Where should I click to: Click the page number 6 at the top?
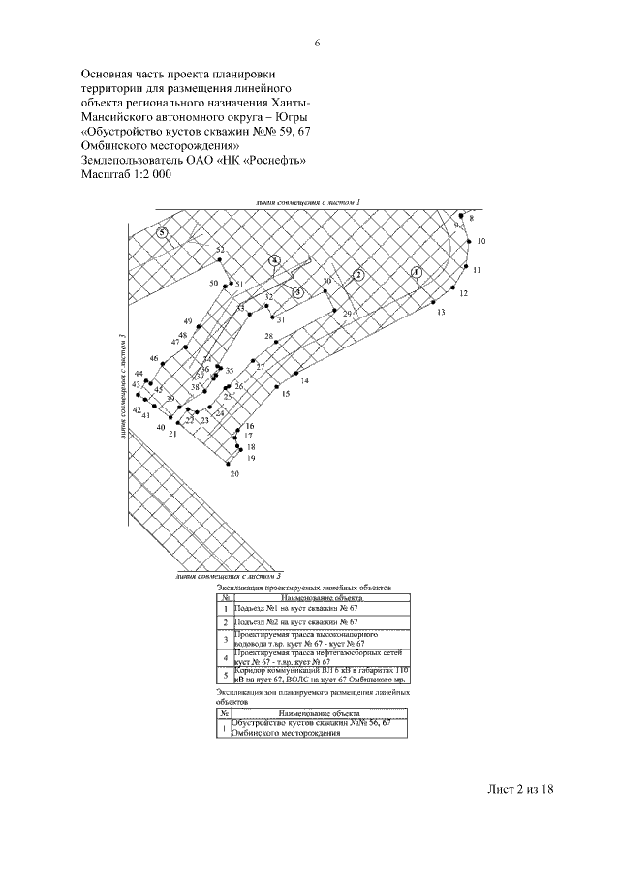click(x=317, y=42)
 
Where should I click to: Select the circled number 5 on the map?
click(x=164, y=232)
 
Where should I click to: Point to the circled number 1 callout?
click(x=418, y=272)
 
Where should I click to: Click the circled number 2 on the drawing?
click(x=357, y=275)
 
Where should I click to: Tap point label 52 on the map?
click(x=220, y=250)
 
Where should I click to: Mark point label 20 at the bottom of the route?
click(x=233, y=474)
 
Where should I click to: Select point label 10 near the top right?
click(x=481, y=241)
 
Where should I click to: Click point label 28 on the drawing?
click(x=269, y=335)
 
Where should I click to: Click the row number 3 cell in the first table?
click(x=225, y=640)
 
